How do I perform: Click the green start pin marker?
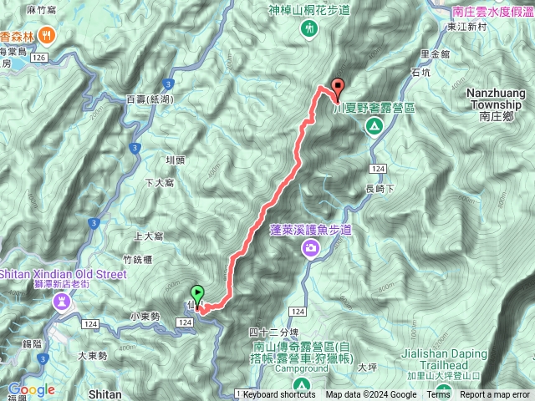pyautogui.click(x=197, y=294)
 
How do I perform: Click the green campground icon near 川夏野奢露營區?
pyautogui.click(x=374, y=126)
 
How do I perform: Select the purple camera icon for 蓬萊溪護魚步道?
pyautogui.click(x=311, y=248)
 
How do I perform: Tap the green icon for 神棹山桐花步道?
pyautogui.click(x=310, y=28)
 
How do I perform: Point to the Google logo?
pyautogui.click(x=32, y=389)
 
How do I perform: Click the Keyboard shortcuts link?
pyautogui.click(x=279, y=395)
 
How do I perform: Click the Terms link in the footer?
pyautogui.click(x=438, y=395)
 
